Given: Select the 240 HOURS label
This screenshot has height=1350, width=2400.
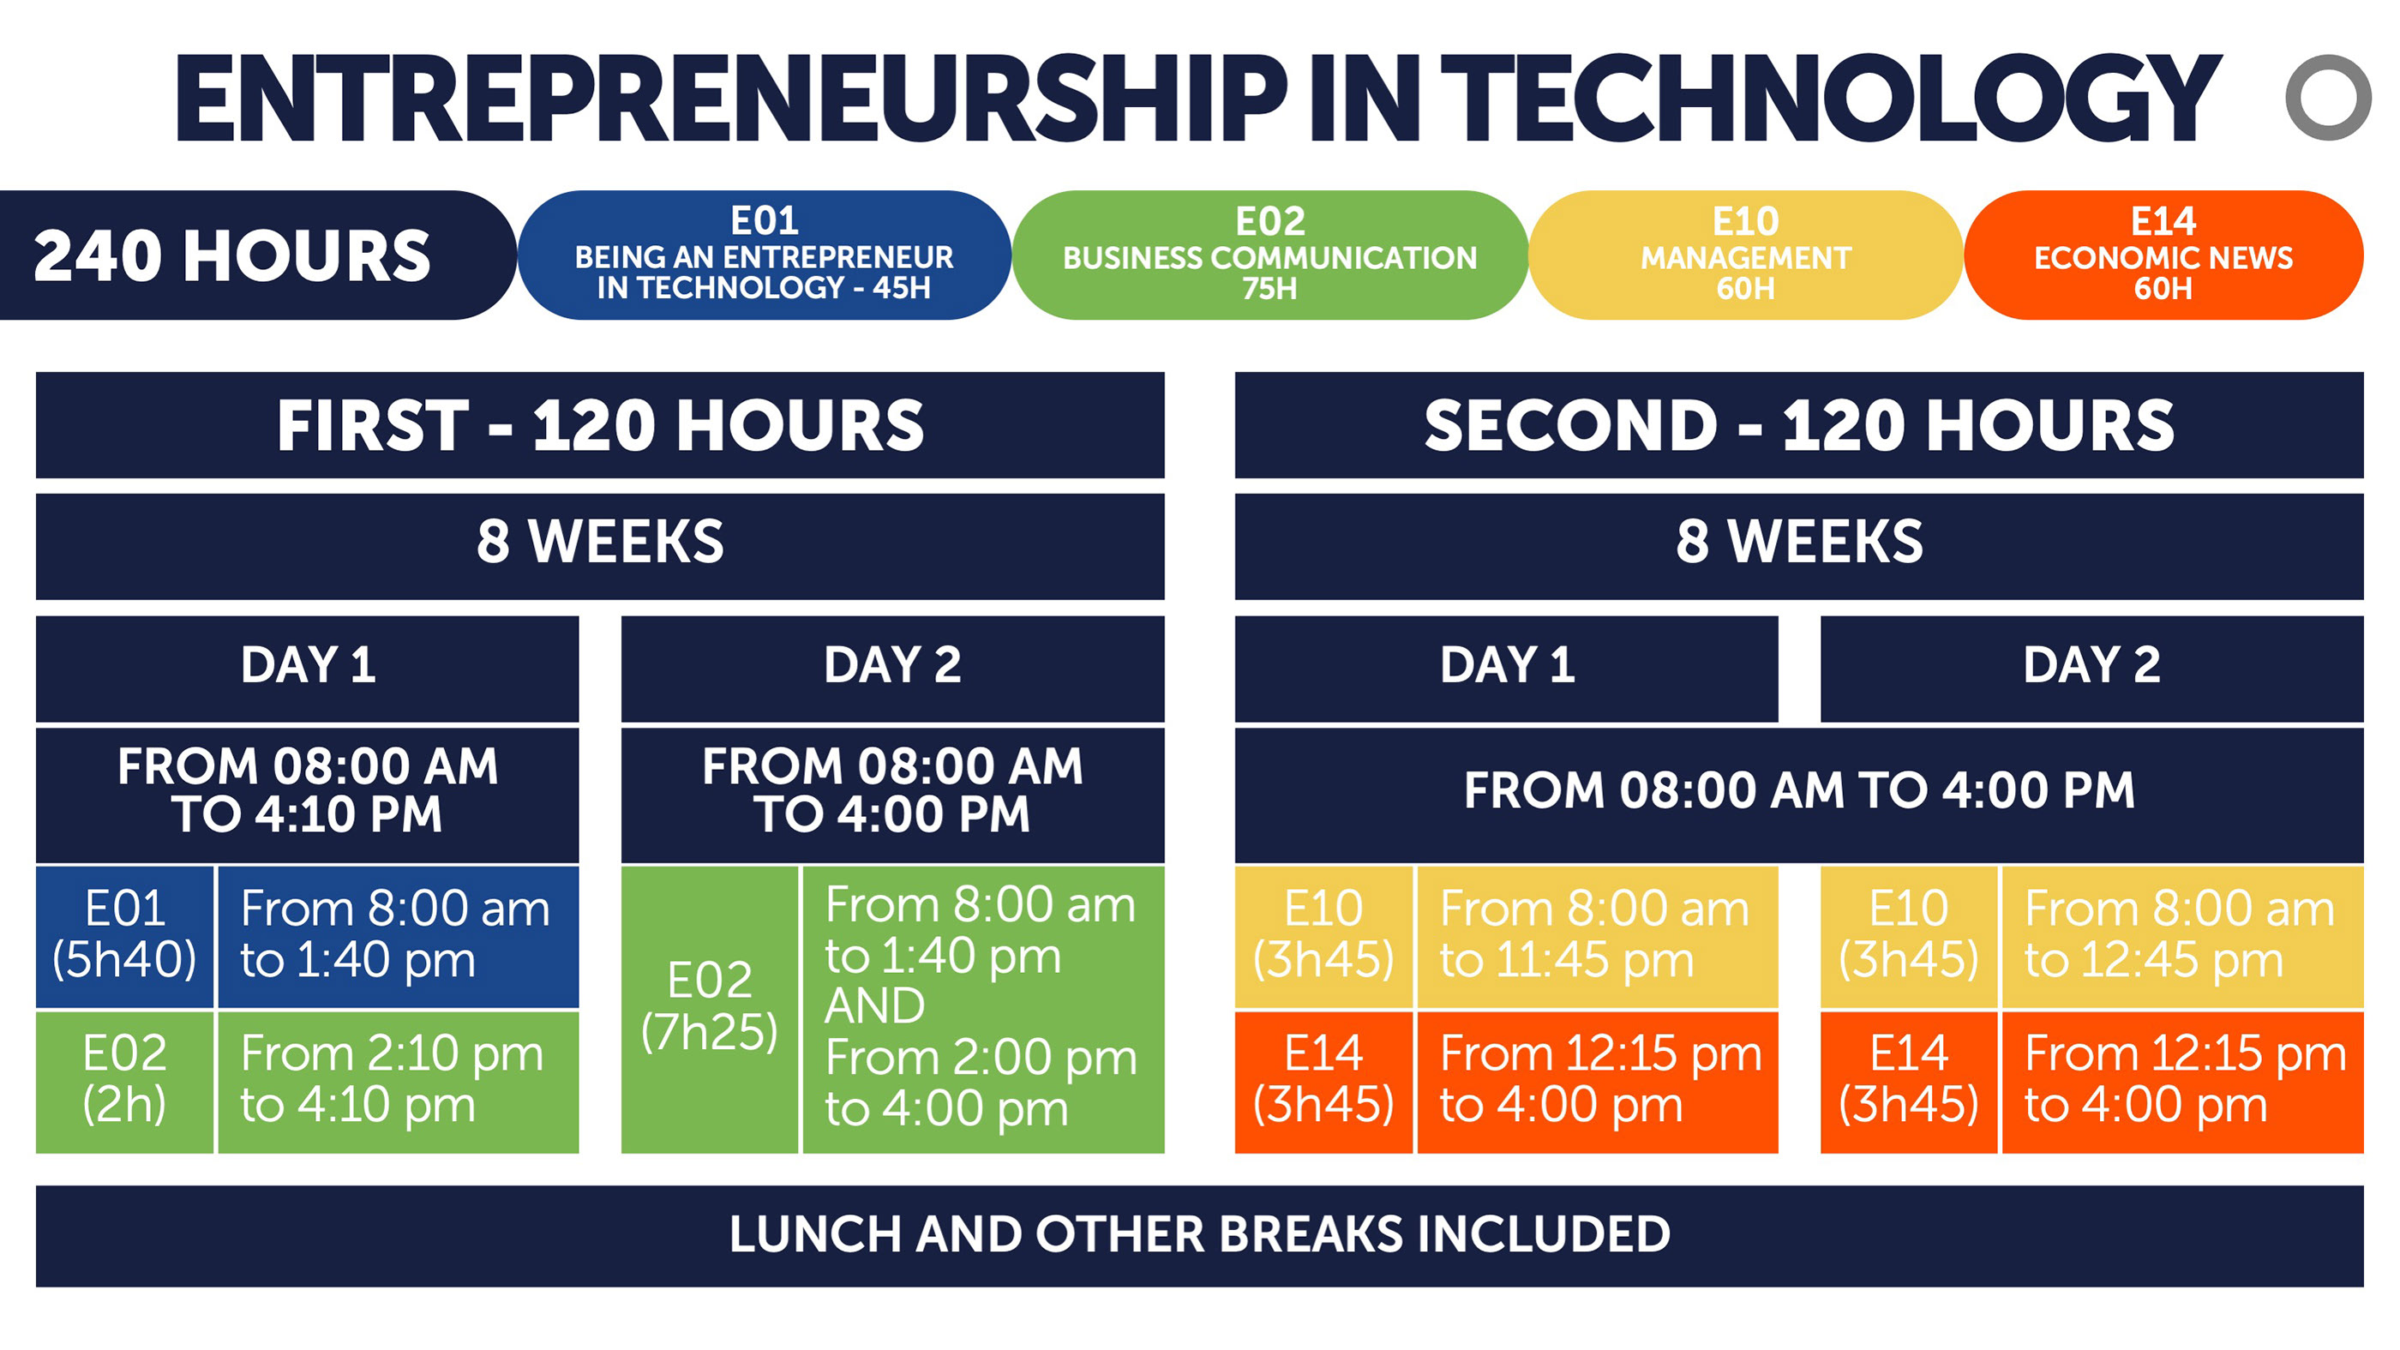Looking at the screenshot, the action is pos(232,255).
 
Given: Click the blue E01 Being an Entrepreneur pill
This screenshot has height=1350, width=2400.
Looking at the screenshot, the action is pos(764,255).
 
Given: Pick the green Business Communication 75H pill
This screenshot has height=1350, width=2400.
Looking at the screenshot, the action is pos(1270,255).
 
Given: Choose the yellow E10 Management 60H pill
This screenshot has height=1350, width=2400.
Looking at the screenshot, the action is pos(1746,255).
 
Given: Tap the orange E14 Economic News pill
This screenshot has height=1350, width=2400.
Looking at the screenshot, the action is pos(2163,255).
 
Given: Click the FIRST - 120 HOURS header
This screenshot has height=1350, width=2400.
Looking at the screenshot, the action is pos(600,425).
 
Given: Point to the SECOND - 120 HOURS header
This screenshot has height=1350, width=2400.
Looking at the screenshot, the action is pos(1799,425).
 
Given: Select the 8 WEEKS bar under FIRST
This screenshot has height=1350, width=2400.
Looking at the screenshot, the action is pos(600,546).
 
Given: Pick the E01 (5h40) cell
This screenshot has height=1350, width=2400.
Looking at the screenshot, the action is pos(125,936).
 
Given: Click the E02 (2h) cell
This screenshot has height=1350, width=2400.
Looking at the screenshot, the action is pos(125,1082).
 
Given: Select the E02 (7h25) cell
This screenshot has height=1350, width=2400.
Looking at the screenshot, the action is pos(709,1009).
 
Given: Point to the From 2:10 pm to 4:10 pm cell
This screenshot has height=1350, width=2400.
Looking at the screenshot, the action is pos(398,1082).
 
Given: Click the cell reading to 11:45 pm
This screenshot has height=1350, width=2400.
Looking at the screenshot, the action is pos(1597,936).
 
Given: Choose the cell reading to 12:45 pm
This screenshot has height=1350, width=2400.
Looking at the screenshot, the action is pos(2182,936).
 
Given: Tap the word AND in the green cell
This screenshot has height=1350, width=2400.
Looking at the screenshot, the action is pos(875,1006).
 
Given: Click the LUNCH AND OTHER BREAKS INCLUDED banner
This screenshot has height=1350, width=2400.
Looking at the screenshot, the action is pos(1200,1235).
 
